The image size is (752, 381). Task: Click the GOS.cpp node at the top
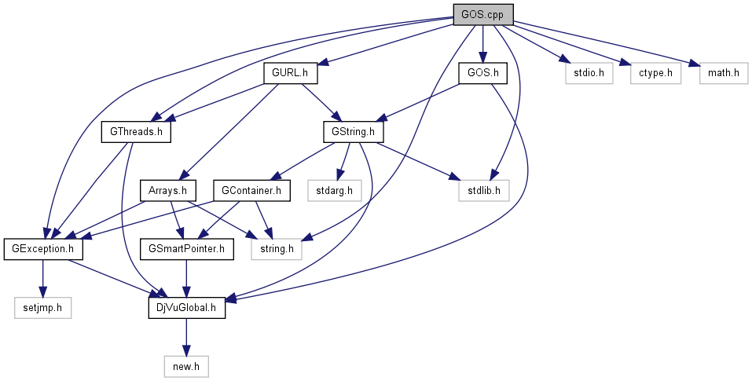[482, 14]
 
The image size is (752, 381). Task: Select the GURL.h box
[289, 73]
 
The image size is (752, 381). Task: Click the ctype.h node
[655, 73]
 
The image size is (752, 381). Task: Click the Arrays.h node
[167, 190]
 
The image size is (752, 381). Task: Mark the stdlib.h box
[483, 190]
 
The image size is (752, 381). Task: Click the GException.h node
[43, 249]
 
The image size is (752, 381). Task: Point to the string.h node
[277, 249]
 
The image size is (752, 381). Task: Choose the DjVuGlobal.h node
[187, 307]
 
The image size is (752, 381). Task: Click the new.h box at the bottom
[187, 366]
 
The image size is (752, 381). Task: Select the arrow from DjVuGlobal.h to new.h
[187, 336]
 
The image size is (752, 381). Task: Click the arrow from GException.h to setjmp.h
[43, 278]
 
